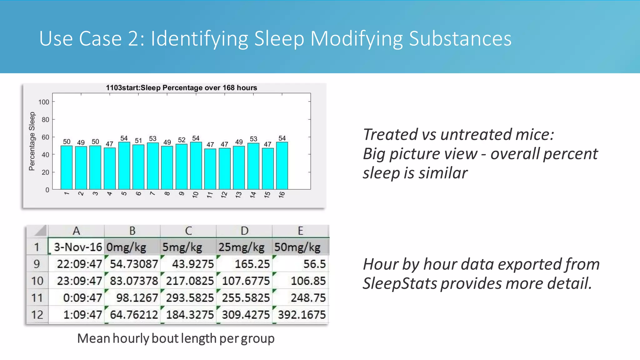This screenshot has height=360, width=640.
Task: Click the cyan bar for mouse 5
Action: tap(124, 166)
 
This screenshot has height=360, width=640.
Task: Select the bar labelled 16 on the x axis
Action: tap(282, 166)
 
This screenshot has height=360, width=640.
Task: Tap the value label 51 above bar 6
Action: tap(138, 141)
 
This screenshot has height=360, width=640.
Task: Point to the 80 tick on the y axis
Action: tap(45, 120)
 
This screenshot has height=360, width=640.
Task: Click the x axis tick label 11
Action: tap(210, 195)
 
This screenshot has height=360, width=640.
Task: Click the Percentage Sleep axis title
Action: tap(32, 141)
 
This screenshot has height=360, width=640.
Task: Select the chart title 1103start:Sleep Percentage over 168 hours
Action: tap(181, 88)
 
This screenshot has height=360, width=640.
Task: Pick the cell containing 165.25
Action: tap(244, 264)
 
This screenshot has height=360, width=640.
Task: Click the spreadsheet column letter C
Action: tap(188, 231)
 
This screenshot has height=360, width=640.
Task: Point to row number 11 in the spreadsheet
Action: tap(37, 298)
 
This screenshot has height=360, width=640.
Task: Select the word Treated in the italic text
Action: tap(390, 135)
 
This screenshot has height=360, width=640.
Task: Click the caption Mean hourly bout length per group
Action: tap(176, 338)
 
